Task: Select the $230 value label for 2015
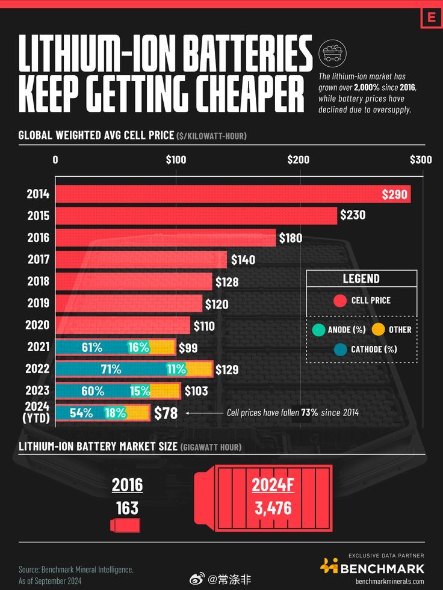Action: [x=352, y=215]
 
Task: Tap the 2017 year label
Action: [x=38, y=259]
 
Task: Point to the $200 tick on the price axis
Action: [x=298, y=160]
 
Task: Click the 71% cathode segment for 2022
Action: [x=111, y=369]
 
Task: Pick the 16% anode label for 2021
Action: [x=138, y=347]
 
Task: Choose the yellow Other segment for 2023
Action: [x=165, y=391]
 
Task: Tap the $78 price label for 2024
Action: [x=166, y=413]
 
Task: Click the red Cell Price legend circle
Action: [x=340, y=300]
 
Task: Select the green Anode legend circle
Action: [x=319, y=330]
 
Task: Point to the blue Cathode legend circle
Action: [x=340, y=349]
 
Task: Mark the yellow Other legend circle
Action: [x=377, y=330]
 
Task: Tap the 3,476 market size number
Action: [x=273, y=508]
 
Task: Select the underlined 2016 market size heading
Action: [x=127, y=485]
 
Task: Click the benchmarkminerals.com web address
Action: [x=389, y=581]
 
